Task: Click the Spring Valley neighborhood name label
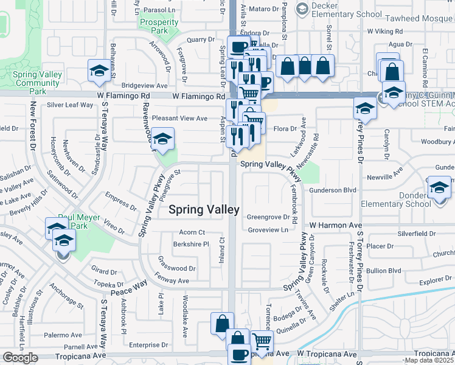point(203,210)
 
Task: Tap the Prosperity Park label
point(159,26)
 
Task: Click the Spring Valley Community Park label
point(37,83)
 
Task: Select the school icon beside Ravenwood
point(162,139)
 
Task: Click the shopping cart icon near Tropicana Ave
point(262,342)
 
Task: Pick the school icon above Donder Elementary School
point(439,187)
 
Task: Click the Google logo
point(20,358)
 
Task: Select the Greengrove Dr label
point(268,217)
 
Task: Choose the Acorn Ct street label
point(192,232)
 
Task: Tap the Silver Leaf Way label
point(70,105)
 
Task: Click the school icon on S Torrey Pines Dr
point(364,108)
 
